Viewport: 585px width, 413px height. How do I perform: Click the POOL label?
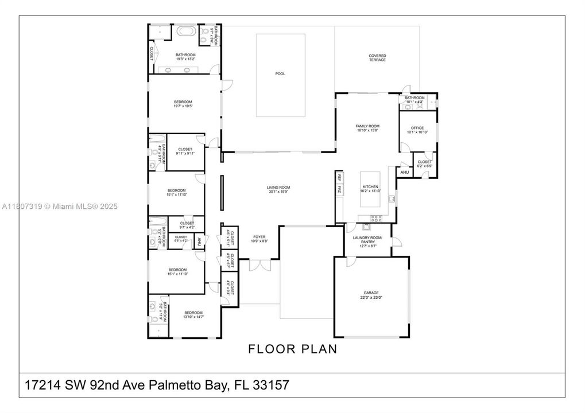pos(280,73)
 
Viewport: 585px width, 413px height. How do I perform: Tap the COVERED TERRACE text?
pos(377,58)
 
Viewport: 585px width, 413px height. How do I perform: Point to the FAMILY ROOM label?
pos(367,128)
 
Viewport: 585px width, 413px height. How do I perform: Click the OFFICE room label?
pos(417,130)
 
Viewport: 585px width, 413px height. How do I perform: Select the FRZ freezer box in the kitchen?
pos(339,189)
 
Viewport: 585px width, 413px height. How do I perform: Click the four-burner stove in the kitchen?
pos(377,217)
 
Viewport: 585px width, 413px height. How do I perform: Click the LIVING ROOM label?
pos(278,189)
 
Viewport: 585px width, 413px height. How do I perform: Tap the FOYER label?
pos(259,239)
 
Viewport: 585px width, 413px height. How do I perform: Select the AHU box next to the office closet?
pos(404,172)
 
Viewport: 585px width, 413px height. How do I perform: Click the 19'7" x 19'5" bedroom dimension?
pos(183,106)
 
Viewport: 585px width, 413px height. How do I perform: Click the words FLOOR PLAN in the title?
pos(292,348)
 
